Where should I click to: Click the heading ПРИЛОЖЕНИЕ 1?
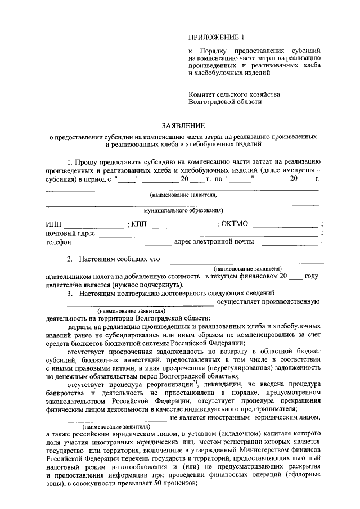tap(217, 38)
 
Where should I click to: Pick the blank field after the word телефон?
tap(135, 244)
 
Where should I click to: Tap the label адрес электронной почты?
tap(214, 242)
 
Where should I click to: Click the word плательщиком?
tap(70, 277)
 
